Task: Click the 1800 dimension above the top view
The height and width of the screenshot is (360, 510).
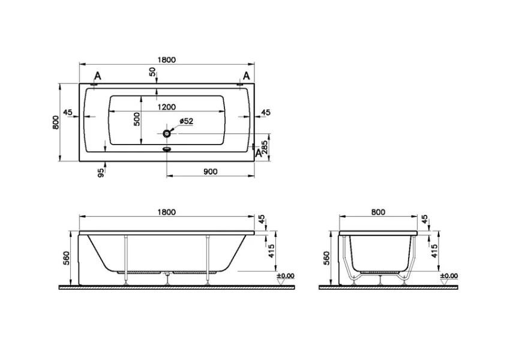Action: [x=167, y=59]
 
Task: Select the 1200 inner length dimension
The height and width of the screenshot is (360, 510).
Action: [x=167, y=107]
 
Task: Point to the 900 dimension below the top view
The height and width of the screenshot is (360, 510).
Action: [x=210, y=172]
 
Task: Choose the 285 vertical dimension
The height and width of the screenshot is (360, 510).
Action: [x=265, y=146]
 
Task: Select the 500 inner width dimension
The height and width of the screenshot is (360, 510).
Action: [x=137, y=119]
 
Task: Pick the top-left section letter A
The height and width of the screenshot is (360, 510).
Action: [x=98, y=75]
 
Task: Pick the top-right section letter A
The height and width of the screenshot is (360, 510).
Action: [x=246, y=75]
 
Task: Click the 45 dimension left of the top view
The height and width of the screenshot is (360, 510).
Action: [x=67, y=112]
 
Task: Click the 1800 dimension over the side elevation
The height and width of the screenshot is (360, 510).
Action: [x=167, y=212]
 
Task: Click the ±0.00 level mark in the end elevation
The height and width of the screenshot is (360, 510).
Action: [x=449, y=276]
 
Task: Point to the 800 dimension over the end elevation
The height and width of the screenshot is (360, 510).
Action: [x=378, y=212]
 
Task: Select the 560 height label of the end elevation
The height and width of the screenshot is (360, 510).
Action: [x=327, y=258]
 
